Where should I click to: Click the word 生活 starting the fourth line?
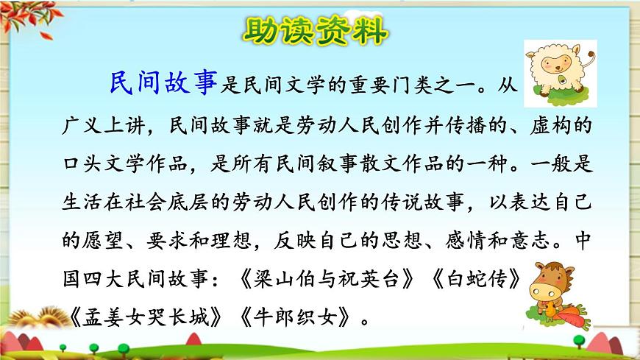(x=82, y=202)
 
